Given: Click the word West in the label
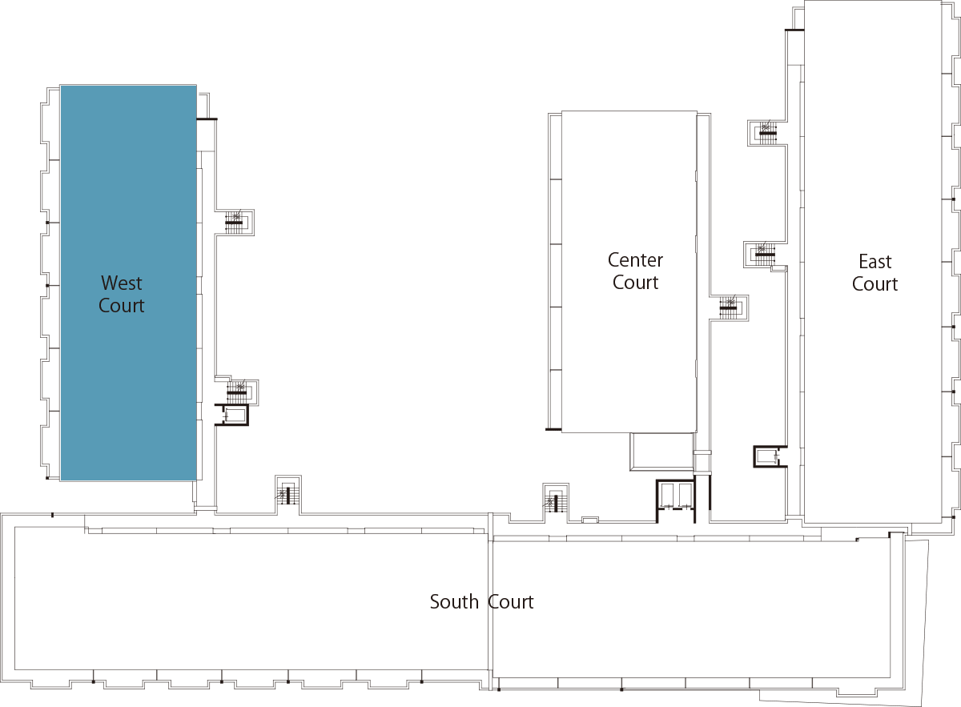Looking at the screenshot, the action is [x=122, y=283].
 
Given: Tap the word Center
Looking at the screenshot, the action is [x=635, y=260].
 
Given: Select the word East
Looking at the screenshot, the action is [x=875, y=261].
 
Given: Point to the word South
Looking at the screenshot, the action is [x=454, y=602].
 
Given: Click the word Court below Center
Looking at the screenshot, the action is [x=635, y=283].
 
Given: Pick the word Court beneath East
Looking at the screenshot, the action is [x=875, y=283].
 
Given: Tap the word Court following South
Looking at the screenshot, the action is [x=511, y=602].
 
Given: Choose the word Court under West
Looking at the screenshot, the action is [x=122, y=305].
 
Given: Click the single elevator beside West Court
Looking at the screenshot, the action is [x=231, y=415].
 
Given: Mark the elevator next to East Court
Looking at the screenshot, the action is [x=770, y=457].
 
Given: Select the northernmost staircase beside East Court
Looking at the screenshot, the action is [x=767, y=133].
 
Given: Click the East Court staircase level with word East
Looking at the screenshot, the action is [x=764, y=255].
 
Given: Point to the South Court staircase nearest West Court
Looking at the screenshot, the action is [x=287, y=495].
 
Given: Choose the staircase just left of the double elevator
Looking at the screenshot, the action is [x=556, y=502].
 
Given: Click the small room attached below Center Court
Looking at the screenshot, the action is [x=661, y=452].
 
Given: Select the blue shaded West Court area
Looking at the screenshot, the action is [x=129, y=283].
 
